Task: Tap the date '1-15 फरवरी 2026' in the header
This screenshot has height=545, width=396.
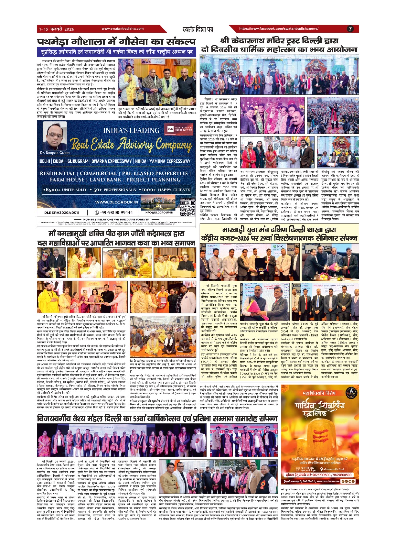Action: (x=56, y=29)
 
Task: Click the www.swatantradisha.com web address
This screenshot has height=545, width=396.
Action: (x=122, y=29)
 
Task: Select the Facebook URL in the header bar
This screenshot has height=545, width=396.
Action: (x=279, y=29)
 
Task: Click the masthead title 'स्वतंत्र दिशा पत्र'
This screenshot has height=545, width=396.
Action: (x=199, y=29)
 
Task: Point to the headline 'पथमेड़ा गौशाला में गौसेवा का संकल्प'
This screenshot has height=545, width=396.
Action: (x=117, y=42)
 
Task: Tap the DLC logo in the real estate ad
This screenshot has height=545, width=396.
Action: (x=170, y=129)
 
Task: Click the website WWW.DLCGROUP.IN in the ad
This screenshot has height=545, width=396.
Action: (x=116, y=202)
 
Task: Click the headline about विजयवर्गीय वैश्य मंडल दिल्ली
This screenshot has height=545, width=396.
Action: (x=157, y=418)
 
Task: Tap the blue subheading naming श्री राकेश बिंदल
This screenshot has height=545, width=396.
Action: (x=116, y=52)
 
